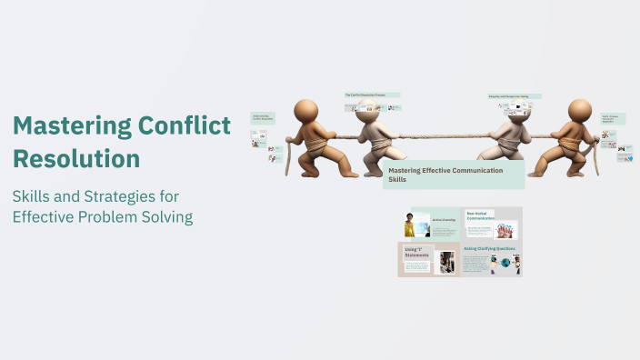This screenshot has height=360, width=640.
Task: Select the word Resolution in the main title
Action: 76,158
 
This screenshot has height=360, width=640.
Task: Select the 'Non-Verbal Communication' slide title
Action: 480,215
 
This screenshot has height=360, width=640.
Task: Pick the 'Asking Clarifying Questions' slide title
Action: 489,248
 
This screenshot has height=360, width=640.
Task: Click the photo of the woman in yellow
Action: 410,225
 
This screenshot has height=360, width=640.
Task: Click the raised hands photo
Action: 505,229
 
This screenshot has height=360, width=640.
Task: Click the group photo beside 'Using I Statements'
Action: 446,262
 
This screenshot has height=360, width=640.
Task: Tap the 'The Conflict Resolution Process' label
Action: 372,95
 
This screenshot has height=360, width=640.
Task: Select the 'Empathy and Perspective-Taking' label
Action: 514,95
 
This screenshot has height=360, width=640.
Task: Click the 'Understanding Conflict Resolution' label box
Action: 262,118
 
